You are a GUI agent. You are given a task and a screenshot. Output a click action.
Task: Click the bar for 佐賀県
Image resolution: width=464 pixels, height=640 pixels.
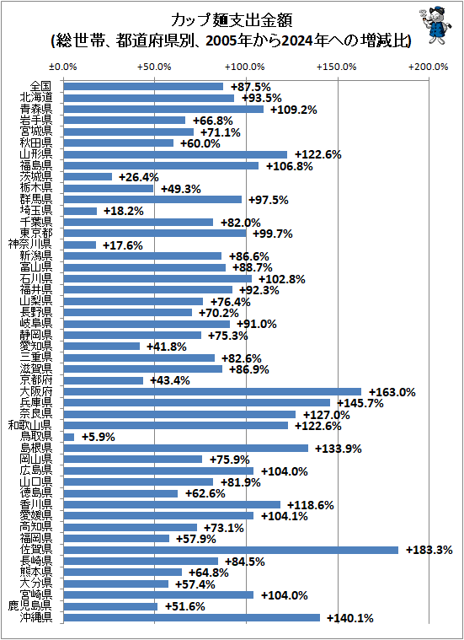pyautogui.click(x=230, y=550)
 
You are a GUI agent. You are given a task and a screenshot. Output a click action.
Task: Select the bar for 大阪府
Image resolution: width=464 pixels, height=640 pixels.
pyautogui.click(x=211, y=392)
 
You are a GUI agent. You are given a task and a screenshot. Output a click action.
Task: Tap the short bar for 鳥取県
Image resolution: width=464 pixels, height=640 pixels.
pyautogui.click(x=68, y=437)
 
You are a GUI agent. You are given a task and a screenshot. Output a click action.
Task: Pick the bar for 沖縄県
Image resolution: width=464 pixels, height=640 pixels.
pyautogui.click(x=191, y=617)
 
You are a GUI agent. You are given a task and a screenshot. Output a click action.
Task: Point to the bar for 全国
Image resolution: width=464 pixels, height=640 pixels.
pyautogui.click(x=142, y=86)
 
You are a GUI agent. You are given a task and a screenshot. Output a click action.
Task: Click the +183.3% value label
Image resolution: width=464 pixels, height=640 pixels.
pyautogui.click(x=429, y=550)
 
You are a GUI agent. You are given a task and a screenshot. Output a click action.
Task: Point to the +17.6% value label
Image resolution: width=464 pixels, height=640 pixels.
pyautogui.click(x=122, y=245)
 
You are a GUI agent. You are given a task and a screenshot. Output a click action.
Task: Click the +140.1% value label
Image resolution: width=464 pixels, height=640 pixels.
pyautogui.click(x=349, y=617)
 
